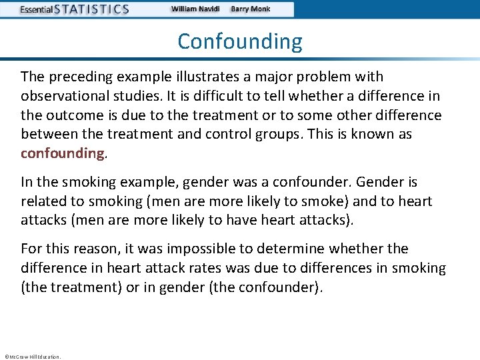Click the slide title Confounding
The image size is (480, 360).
[240, 41]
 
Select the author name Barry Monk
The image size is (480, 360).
[250, 9]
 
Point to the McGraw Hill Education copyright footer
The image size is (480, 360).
[32, 357]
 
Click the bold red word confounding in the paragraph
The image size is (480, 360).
[63, 153]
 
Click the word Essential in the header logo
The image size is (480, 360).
[35, 10]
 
